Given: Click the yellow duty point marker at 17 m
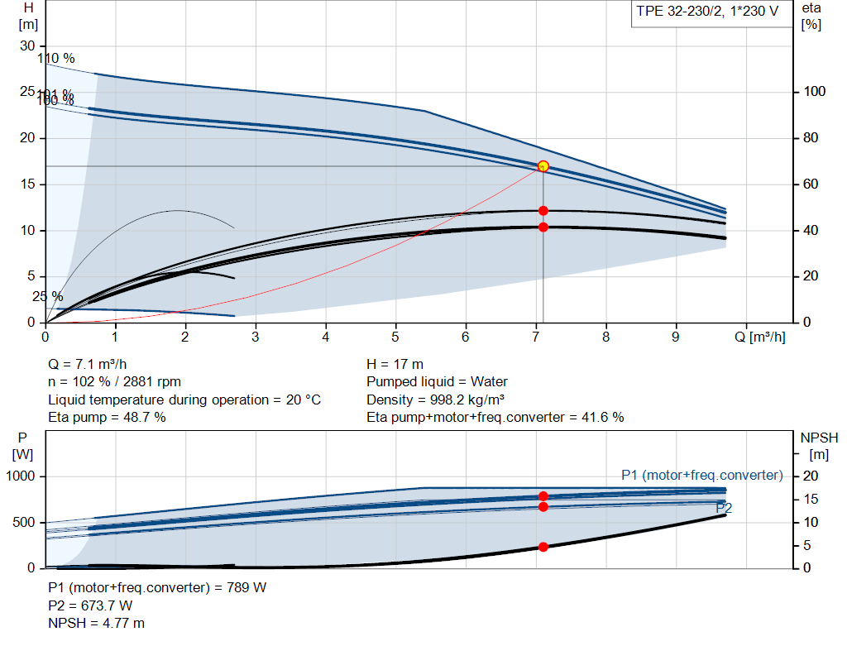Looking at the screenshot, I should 543,166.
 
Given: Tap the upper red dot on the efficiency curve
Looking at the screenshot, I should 543,211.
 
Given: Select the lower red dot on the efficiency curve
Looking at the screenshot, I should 543,227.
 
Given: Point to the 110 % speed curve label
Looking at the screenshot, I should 55,59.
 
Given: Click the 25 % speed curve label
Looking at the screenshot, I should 47,296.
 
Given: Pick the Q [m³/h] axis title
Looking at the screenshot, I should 765,337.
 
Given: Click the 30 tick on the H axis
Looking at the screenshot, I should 27,45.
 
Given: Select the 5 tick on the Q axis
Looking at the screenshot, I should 395,337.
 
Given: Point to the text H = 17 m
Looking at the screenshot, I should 395,364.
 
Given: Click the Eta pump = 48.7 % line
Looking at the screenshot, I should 107,418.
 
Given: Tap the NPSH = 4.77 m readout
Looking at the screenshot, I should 96,623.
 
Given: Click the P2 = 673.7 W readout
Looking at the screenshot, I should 91,605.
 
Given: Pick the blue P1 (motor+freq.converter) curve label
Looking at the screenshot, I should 701,475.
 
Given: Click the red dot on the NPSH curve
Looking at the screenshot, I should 543,547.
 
